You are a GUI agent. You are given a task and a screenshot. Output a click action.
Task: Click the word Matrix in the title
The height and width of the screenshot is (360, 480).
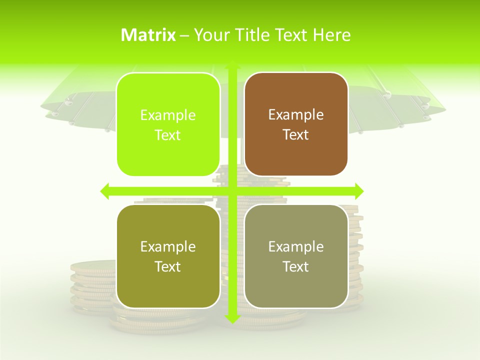pyautogui.click(x=148, y=35)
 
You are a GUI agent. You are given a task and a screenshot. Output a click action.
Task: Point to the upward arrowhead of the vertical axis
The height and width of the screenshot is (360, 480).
pyautogui.click(x=232, y=65)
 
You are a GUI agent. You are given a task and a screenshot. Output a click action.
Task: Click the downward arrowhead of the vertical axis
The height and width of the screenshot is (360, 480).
pyautogui.click(x=232, y=318)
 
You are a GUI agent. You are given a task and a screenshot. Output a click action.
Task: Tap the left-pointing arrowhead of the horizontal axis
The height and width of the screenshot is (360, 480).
pyautogui.click(x=105, y=191)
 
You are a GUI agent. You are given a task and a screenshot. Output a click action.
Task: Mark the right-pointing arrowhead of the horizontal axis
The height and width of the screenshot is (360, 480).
pyautogui.click(x=359, y=191)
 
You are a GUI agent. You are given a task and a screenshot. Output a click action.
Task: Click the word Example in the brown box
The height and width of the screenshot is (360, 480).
pyautogui.click(x=296, y=115)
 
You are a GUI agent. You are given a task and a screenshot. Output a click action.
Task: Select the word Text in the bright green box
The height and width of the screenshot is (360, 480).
pyautogui.click(x=167, y=135)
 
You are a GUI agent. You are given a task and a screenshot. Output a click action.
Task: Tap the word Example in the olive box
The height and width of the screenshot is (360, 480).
pyautogui.click(x=167, y=246)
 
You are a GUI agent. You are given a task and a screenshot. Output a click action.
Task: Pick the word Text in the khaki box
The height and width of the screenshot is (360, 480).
pyautogui.click(x=296, y=267)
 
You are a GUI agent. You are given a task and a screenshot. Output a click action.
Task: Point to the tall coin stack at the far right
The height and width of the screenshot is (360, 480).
pyautogui.click(x=355, y=250)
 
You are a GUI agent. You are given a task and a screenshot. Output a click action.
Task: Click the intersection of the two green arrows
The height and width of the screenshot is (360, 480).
pyautogui.click(x=232, y=191)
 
